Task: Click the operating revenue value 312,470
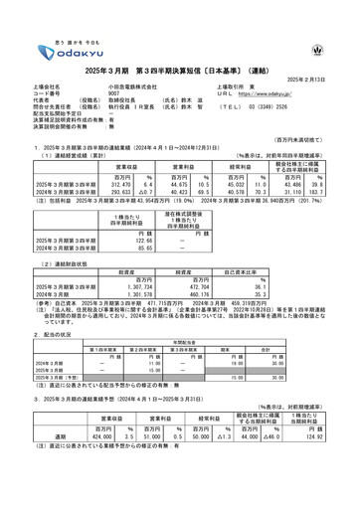tap(116, 183)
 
